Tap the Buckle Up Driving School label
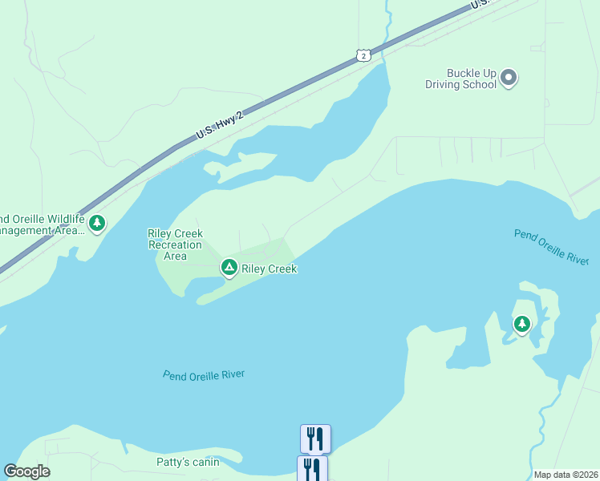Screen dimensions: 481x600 (x=462, y=79)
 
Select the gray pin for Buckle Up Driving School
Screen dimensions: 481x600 (x=509, y=78)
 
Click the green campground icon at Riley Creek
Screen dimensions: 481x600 (x=229, y=268)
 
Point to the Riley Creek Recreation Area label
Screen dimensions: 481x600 (x=175, y=245)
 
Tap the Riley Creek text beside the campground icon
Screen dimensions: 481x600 (x=270, y=269)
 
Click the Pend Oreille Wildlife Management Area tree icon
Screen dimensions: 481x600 (x=97, y=223)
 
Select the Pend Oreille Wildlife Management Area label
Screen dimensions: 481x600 (x=42, y=224)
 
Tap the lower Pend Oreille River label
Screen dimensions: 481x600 (x=204, y=374)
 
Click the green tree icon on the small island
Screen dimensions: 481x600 (x=522, y=325)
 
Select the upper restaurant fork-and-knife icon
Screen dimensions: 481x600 (x=315, y=439)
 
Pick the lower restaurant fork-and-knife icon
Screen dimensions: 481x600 (x=312, y=469)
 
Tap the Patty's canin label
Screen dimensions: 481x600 (x=188, y=463)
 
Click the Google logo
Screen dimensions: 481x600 (x=27, y=471)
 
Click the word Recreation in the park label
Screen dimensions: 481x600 (x=175, y=245)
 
